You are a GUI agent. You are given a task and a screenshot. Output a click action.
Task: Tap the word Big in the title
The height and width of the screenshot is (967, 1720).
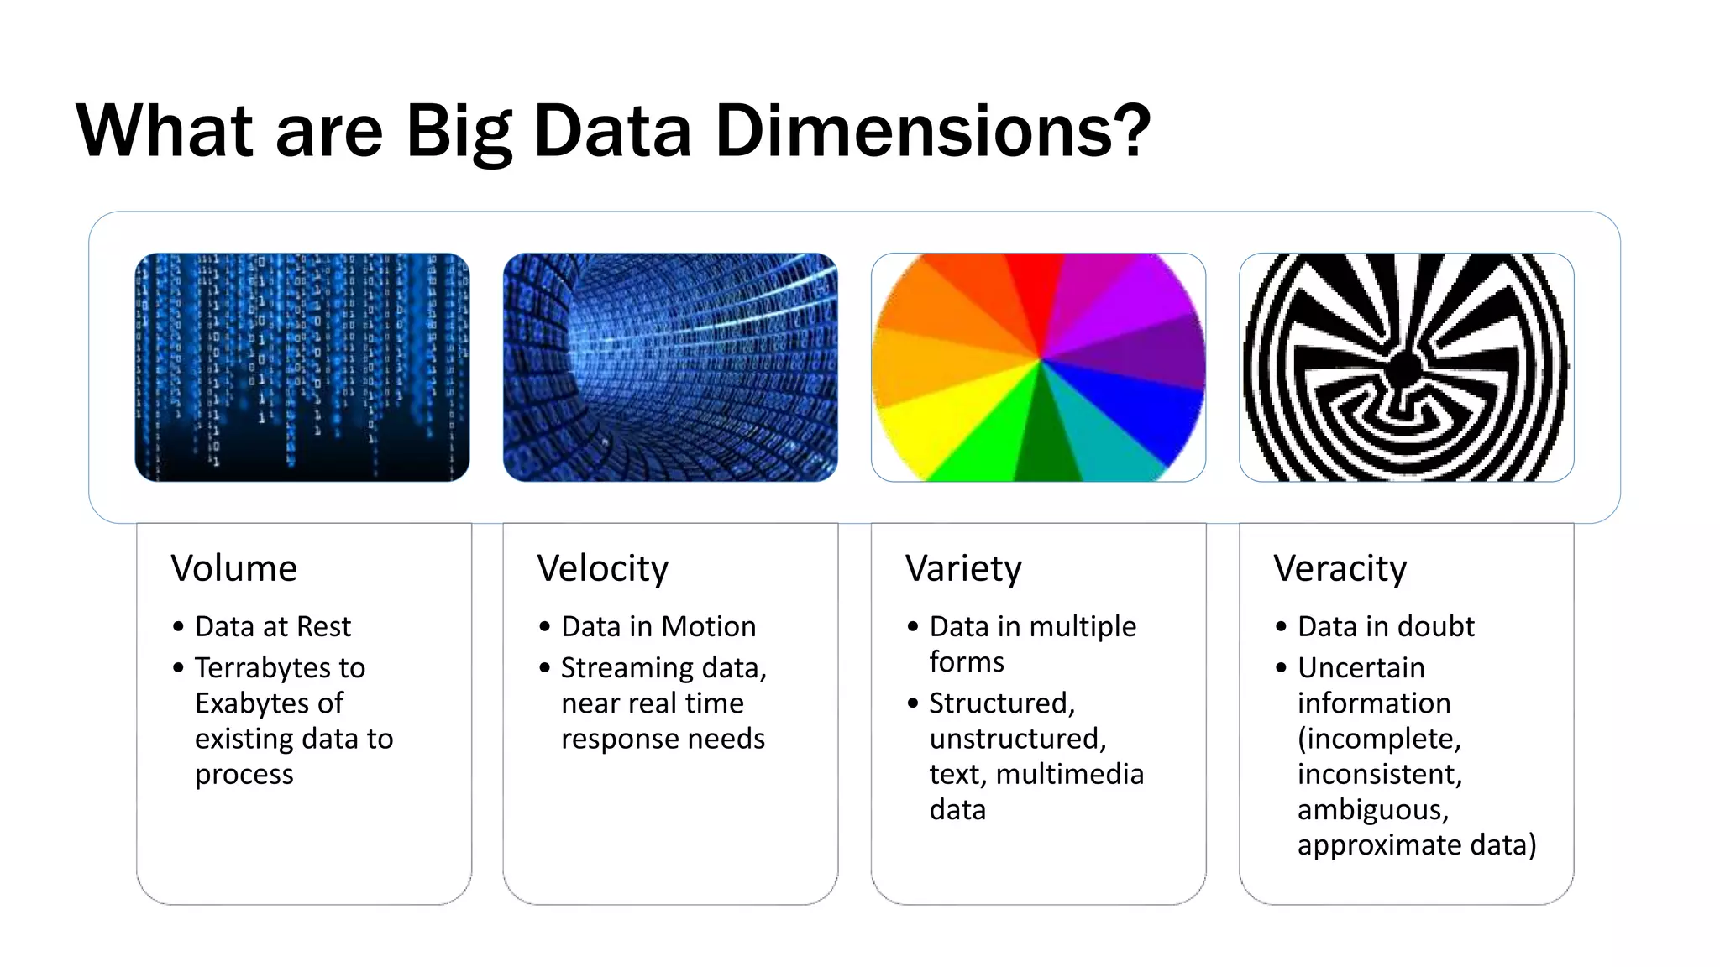coord(459,133)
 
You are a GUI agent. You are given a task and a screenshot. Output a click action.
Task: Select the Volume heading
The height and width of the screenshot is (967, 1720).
coord(233,568)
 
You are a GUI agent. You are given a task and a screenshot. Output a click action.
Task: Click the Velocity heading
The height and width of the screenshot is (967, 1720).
coord(602,568)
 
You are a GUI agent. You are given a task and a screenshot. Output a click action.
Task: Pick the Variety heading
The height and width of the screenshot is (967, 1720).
coord(963,568)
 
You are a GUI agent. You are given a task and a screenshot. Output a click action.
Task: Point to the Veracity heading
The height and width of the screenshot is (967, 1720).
coord(1340,568)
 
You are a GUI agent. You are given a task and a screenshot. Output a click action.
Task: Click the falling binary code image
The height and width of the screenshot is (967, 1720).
coord(302,367)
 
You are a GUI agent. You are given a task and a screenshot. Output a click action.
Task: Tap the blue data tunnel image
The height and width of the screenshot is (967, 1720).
coord(670,367)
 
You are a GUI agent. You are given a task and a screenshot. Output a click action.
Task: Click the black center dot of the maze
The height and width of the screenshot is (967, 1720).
coord(1405,368)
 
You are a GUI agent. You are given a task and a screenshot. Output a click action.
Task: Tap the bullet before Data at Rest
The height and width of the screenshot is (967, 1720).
coord(178,627)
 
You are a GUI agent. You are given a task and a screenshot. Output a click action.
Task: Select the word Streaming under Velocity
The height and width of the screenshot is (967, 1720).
coord(627,668)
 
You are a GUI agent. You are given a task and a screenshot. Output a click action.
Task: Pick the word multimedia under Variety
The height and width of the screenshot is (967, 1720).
coord(1069,774)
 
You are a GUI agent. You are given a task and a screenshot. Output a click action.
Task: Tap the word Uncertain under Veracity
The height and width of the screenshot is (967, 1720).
coord(1361,667)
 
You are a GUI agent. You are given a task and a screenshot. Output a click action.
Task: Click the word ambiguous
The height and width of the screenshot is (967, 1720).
coord(1372,810)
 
